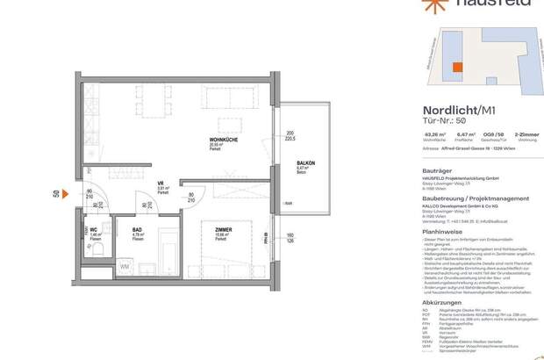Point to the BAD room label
(137, 229)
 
